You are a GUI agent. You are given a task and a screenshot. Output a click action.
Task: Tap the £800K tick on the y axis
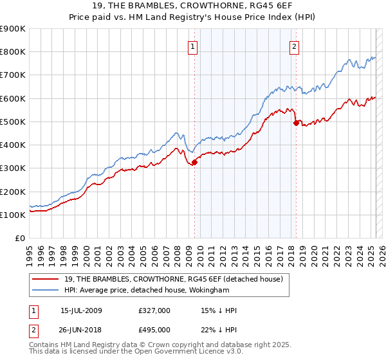(x=12, y=52)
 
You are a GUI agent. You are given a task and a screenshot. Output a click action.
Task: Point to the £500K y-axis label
(x=12, y=122)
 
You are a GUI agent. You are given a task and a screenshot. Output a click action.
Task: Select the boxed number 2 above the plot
(x=294, y=46)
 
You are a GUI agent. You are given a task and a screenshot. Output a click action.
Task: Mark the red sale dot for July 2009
(x=194, y=162)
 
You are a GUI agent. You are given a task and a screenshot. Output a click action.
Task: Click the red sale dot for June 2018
(x=296, y=122)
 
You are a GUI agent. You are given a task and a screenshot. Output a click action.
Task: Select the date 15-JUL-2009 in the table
(x=81, y=310)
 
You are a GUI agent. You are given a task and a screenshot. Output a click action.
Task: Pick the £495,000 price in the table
(x=154, y=329)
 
